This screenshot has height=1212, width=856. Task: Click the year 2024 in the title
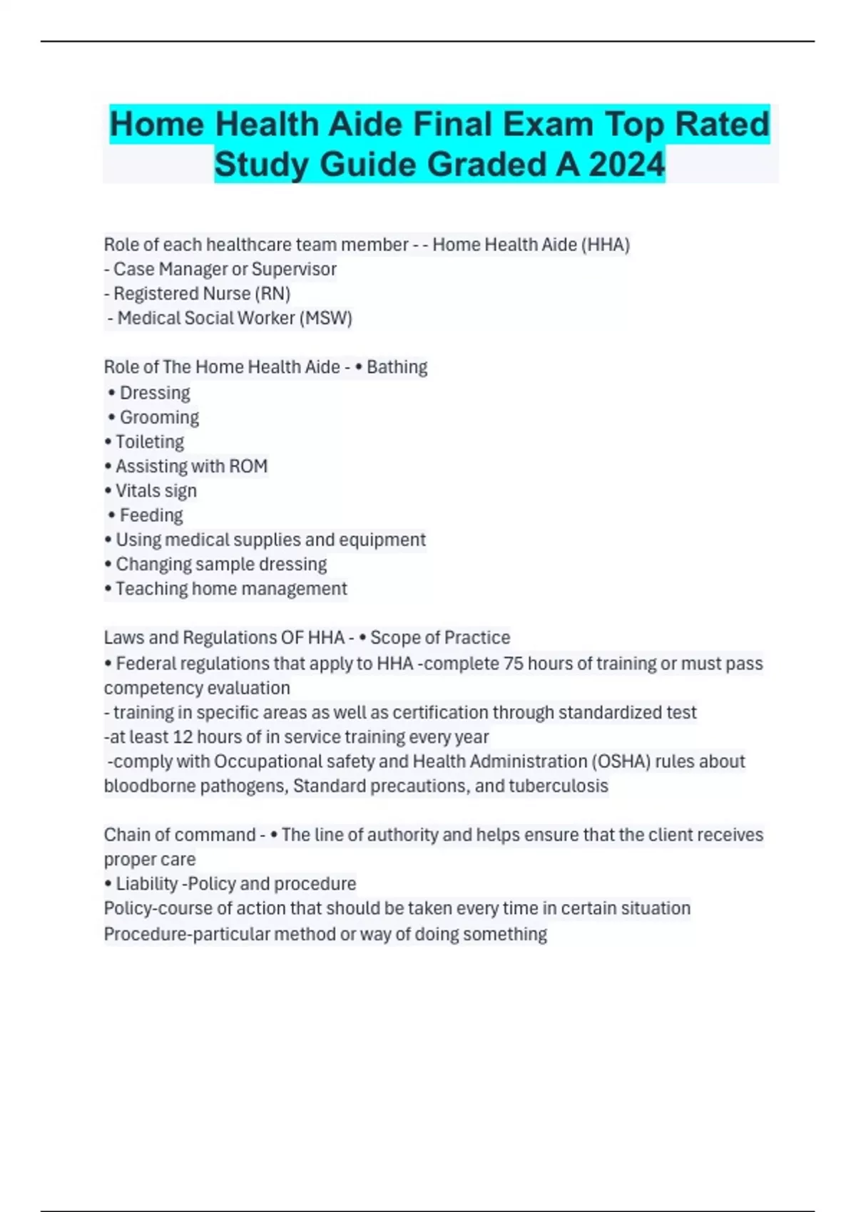[627, 165]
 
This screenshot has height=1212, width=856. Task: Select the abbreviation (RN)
[272, 294]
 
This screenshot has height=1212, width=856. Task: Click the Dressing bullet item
[154, 393]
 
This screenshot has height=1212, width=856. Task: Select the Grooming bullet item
[158, 417]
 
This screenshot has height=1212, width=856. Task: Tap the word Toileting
[150, 442]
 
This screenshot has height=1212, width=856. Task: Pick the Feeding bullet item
[151, 515]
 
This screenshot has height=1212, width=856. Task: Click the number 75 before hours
[514, 664]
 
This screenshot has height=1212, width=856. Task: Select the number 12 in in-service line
[183, 737]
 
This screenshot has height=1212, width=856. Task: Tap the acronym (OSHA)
[620, 761]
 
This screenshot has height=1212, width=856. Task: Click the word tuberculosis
[558, 786]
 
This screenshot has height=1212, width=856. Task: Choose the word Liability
[146, 884]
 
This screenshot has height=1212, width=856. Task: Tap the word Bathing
[397, 367]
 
